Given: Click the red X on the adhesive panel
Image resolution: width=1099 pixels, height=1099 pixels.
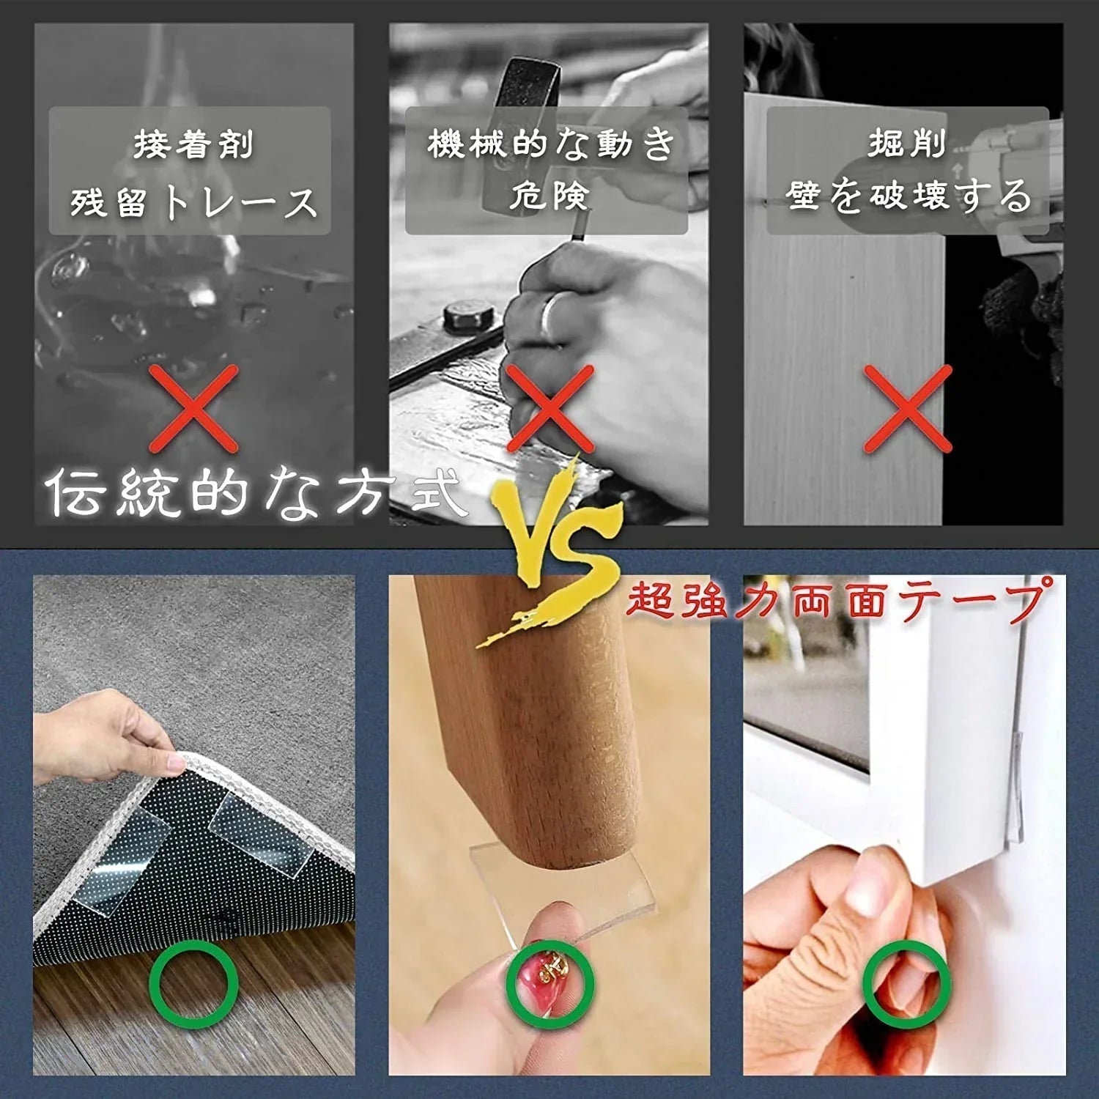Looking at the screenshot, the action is coord(194,408).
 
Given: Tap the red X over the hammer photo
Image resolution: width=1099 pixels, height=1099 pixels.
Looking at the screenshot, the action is coord(549,408).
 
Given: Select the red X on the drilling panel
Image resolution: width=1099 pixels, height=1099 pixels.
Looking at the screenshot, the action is coord(908,408).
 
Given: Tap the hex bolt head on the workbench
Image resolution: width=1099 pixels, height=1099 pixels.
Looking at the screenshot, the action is coord(469,317).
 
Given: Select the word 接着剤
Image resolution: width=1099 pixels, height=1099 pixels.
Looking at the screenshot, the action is coord(193,144).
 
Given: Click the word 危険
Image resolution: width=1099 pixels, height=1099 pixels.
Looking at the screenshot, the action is coord(549,195).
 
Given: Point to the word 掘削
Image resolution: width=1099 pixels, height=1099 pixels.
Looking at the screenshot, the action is coord(907,143).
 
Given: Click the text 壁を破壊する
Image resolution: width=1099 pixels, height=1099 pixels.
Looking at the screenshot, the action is coord(909,196).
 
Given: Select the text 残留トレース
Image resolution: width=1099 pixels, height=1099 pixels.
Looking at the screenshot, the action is coord(193,202).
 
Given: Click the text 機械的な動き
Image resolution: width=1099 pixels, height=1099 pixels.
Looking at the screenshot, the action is coord(549,144).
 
